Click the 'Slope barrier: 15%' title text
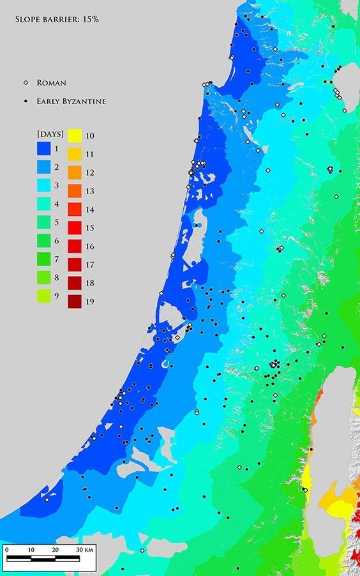(x=56, y=19)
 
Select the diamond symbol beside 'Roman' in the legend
(x=26, y=82)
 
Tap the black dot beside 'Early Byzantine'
(x=26, y=101)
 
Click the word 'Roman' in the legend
(x=52, y=82)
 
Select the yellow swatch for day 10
(x=75, y=135)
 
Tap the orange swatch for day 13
(x=75, y=191)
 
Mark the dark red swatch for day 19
(x=75, y=302)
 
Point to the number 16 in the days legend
(x=90, y=246)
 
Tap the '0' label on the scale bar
(x=6, y=549)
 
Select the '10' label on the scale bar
(x=30, y=549)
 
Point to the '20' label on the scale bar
(x=55, y=549)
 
